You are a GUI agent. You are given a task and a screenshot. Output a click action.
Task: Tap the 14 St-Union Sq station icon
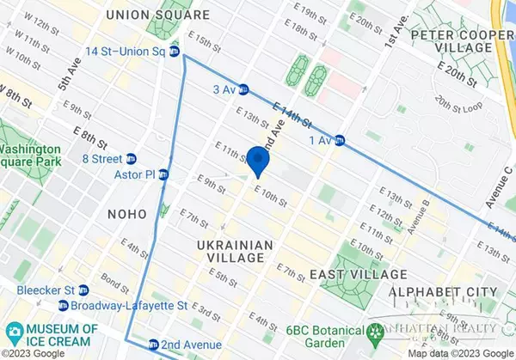(175, 52)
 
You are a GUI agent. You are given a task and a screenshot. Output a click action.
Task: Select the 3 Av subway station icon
(243, 88)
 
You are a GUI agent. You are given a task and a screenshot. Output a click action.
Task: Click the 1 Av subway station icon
(341, 140)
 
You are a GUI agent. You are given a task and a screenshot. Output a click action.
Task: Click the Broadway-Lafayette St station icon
(64, 305)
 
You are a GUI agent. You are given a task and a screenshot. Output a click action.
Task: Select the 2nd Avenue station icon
(153, 344)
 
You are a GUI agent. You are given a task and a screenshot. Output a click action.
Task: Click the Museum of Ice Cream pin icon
(15, 331)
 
